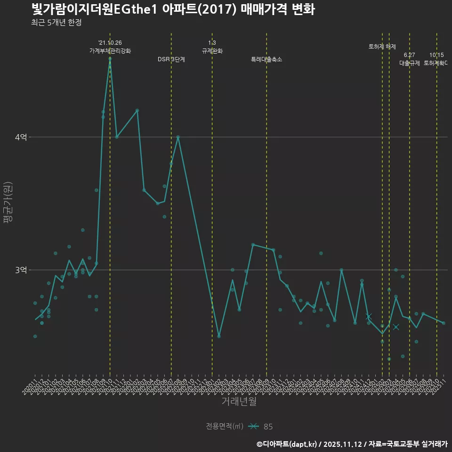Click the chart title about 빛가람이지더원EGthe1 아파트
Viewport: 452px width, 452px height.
tap(173, 9)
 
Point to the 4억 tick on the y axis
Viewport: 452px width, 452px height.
tap(21, 137)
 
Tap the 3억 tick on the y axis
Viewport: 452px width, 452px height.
tap(21, 270)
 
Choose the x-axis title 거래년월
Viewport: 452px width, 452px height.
tap(239, 402)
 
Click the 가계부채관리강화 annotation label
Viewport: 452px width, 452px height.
tap(110, 51)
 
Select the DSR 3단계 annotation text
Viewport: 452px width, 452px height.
tap(171, 59)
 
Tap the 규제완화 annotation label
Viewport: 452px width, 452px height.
tap(212, 51)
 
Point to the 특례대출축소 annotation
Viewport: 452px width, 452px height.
tap(266, 59)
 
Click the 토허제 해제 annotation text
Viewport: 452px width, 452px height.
tap(382, 47)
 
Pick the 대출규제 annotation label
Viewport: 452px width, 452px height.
tap(410, 63)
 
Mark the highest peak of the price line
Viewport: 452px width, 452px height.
tap(110, 58)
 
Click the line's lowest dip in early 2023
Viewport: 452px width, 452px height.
tap(219, 336)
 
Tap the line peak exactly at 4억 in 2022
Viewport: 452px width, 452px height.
tap(178, 137)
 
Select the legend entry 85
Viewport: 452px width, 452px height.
tap(268, 427)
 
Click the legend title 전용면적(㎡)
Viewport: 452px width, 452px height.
tap(225, 427)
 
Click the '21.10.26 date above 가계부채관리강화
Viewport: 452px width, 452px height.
tap(110, 43)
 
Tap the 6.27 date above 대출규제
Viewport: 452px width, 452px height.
tap(410, 55)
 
